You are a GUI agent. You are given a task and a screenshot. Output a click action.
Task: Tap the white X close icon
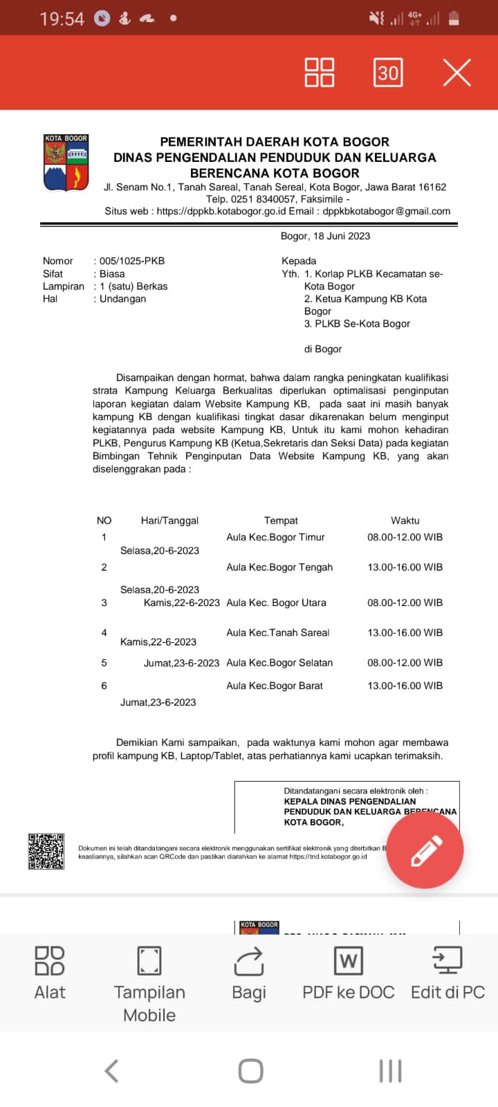point(456,73)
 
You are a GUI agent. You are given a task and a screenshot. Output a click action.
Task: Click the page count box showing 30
point(388,73)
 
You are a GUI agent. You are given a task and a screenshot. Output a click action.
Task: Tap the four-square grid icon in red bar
point(320,73)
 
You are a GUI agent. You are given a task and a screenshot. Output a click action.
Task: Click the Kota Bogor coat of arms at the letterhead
point(66,163)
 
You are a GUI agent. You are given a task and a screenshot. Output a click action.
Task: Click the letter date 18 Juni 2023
point(341,236)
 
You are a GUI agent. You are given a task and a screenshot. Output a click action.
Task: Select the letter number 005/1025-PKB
point(132,261)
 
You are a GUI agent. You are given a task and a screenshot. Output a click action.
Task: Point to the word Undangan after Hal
point(123,299)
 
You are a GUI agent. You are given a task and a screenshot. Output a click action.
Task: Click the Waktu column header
point(405,520)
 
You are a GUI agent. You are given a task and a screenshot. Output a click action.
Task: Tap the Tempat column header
point(281,520)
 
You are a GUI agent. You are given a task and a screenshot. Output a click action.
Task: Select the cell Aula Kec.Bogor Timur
point(275,537)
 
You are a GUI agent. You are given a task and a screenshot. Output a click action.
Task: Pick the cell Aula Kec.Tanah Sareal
point(277,632)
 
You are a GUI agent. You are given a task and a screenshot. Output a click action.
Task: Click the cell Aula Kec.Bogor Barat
point(275,686)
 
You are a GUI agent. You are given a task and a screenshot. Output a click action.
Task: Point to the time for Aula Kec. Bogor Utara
point(405,603)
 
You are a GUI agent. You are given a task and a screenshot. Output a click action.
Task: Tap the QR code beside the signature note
point(46,851)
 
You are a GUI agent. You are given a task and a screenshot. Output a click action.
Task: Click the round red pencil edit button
point(425,850)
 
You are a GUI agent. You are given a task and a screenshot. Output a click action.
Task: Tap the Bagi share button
point(249,973)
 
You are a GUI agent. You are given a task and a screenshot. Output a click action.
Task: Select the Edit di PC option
point(448,973)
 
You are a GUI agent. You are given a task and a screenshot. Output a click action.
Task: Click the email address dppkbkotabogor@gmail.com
point(386,211)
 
